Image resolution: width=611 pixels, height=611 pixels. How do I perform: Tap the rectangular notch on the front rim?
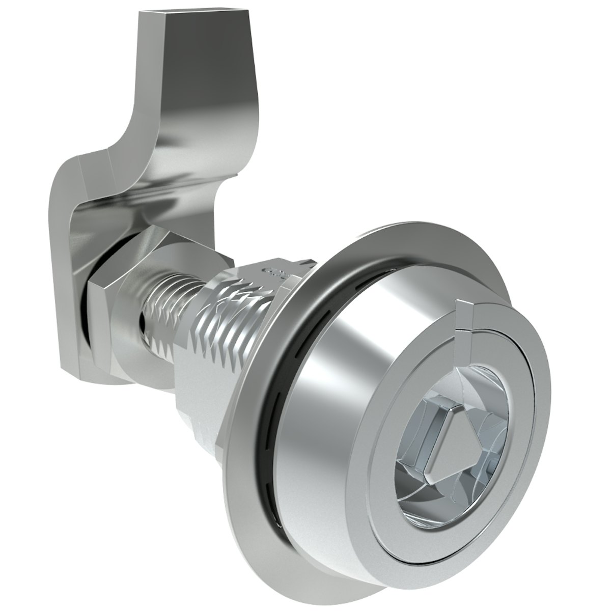[464, 318]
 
